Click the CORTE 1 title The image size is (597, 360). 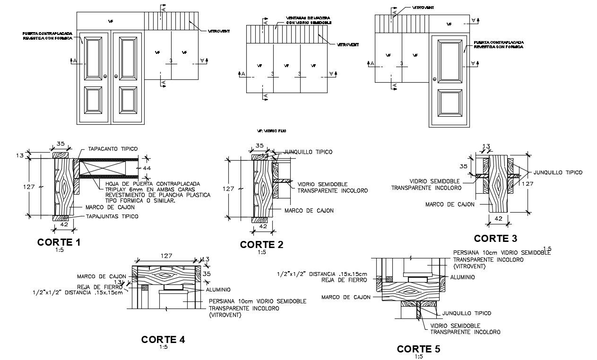(59, 242)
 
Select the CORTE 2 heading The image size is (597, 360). (261, 244)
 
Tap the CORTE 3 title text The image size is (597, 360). (495, 238)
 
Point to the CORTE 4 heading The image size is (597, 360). (163, 339)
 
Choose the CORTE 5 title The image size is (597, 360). (418, 349)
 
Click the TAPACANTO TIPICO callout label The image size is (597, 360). (112, 149)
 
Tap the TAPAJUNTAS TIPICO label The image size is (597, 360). (112, 216)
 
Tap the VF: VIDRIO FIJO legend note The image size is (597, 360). (271, 130)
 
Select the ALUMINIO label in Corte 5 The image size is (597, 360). (462, 277)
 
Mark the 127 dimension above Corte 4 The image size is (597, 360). (166, 256)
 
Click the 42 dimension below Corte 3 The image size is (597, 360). (498, 219)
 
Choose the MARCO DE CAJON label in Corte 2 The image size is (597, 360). (309, 210)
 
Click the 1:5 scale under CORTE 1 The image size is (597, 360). (59, 250)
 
